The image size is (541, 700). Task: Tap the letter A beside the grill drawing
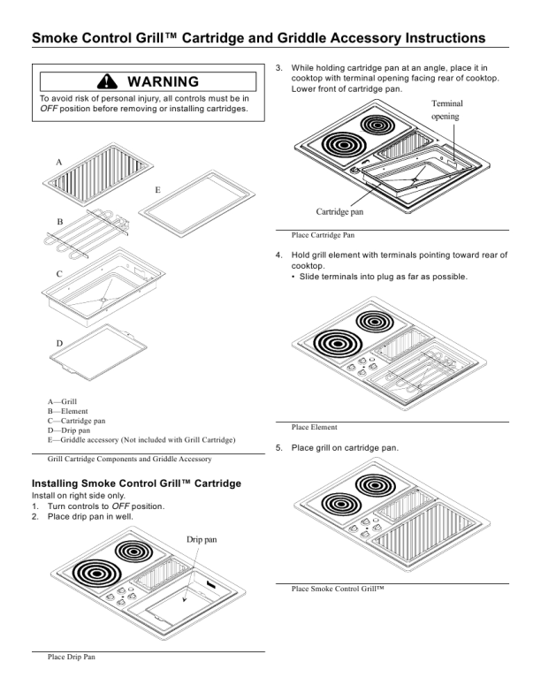(x=59, y=163)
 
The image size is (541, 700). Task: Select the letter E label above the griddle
(x=157, y=190)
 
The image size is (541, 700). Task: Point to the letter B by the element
(x=59, y=221)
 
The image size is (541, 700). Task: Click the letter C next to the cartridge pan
(x=59, y=274)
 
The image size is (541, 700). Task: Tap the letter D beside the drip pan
(x=59, y=343)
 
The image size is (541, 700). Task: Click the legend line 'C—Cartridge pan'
(x=77, y=421)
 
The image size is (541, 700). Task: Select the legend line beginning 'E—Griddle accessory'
(x=141, y=439)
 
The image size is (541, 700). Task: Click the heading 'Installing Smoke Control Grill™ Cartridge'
(x=136, y=483)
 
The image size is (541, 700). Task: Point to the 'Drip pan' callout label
(x=202, y=538)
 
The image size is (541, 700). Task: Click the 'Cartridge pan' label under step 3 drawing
(x=340, y=211)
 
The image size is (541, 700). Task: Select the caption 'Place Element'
(x=314, y=427)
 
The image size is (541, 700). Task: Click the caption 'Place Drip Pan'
(x=71, y=657)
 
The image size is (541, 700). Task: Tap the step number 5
(x=278, y=448)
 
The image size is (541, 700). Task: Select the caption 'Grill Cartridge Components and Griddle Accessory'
(x=129, y=460)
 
